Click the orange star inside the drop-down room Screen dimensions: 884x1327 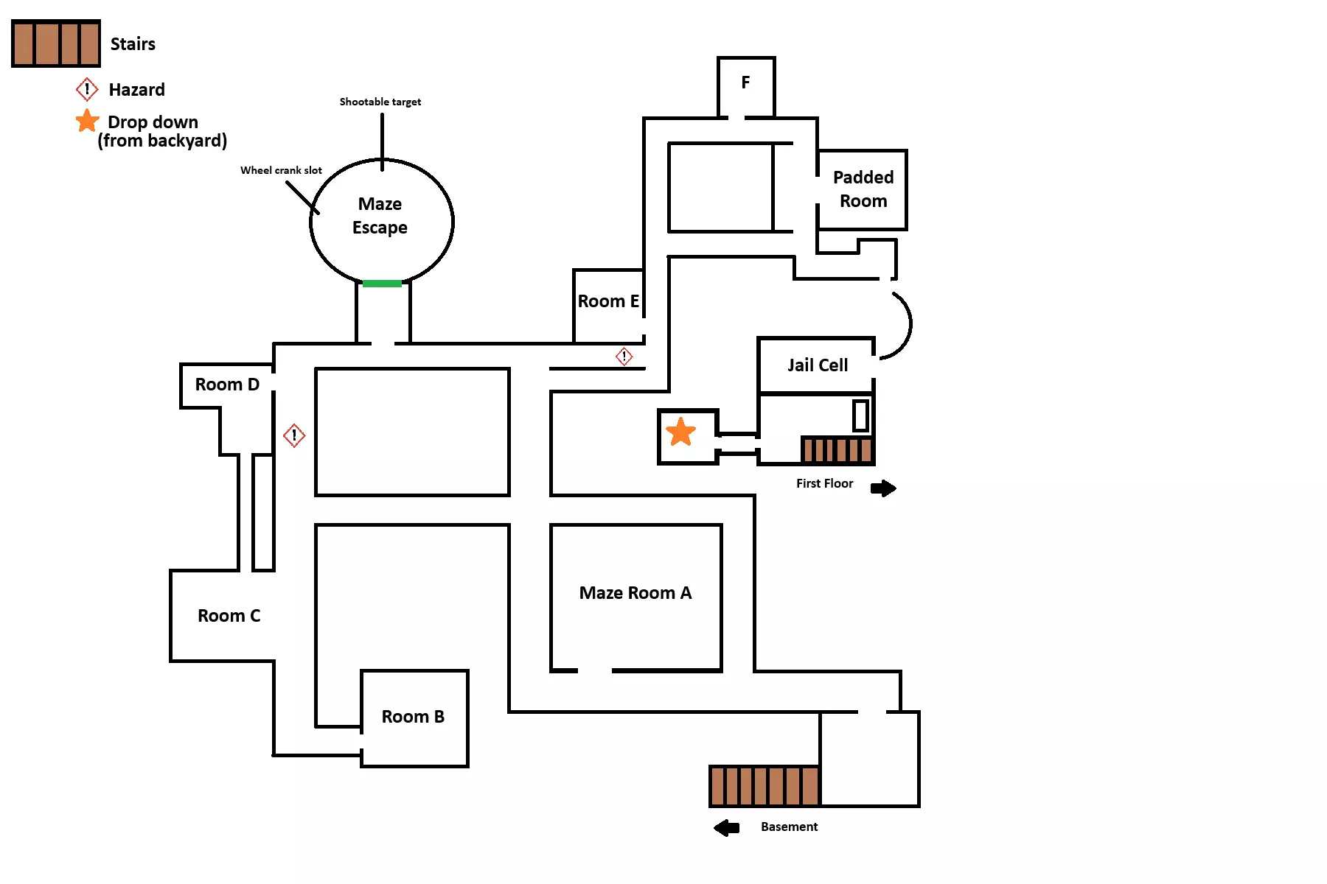(680, 432)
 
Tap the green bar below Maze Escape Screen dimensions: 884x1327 (382, 283)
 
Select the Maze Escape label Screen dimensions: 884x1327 (380, 215)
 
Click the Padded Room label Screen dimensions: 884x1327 (863, 189)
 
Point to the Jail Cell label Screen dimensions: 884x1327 (818, 365)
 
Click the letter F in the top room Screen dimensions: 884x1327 (745, 83)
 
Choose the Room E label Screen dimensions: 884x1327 (608, 301)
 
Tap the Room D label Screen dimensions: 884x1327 (227, 385)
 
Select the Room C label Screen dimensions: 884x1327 (229, 616)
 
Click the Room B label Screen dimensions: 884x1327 (413, 717)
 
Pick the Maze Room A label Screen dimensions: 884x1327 (635, 593)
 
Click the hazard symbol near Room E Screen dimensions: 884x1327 (624, 357)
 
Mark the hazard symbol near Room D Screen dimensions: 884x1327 (294, 435)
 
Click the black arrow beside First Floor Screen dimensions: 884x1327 (883, 488)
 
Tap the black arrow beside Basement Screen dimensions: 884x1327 (727, 828)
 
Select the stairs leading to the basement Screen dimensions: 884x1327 (764, 786)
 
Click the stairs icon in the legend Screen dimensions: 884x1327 (56, 43)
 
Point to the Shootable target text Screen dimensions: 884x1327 (380, 102)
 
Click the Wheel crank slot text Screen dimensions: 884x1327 (281, 170)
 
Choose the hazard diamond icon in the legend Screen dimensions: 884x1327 (87, 90)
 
